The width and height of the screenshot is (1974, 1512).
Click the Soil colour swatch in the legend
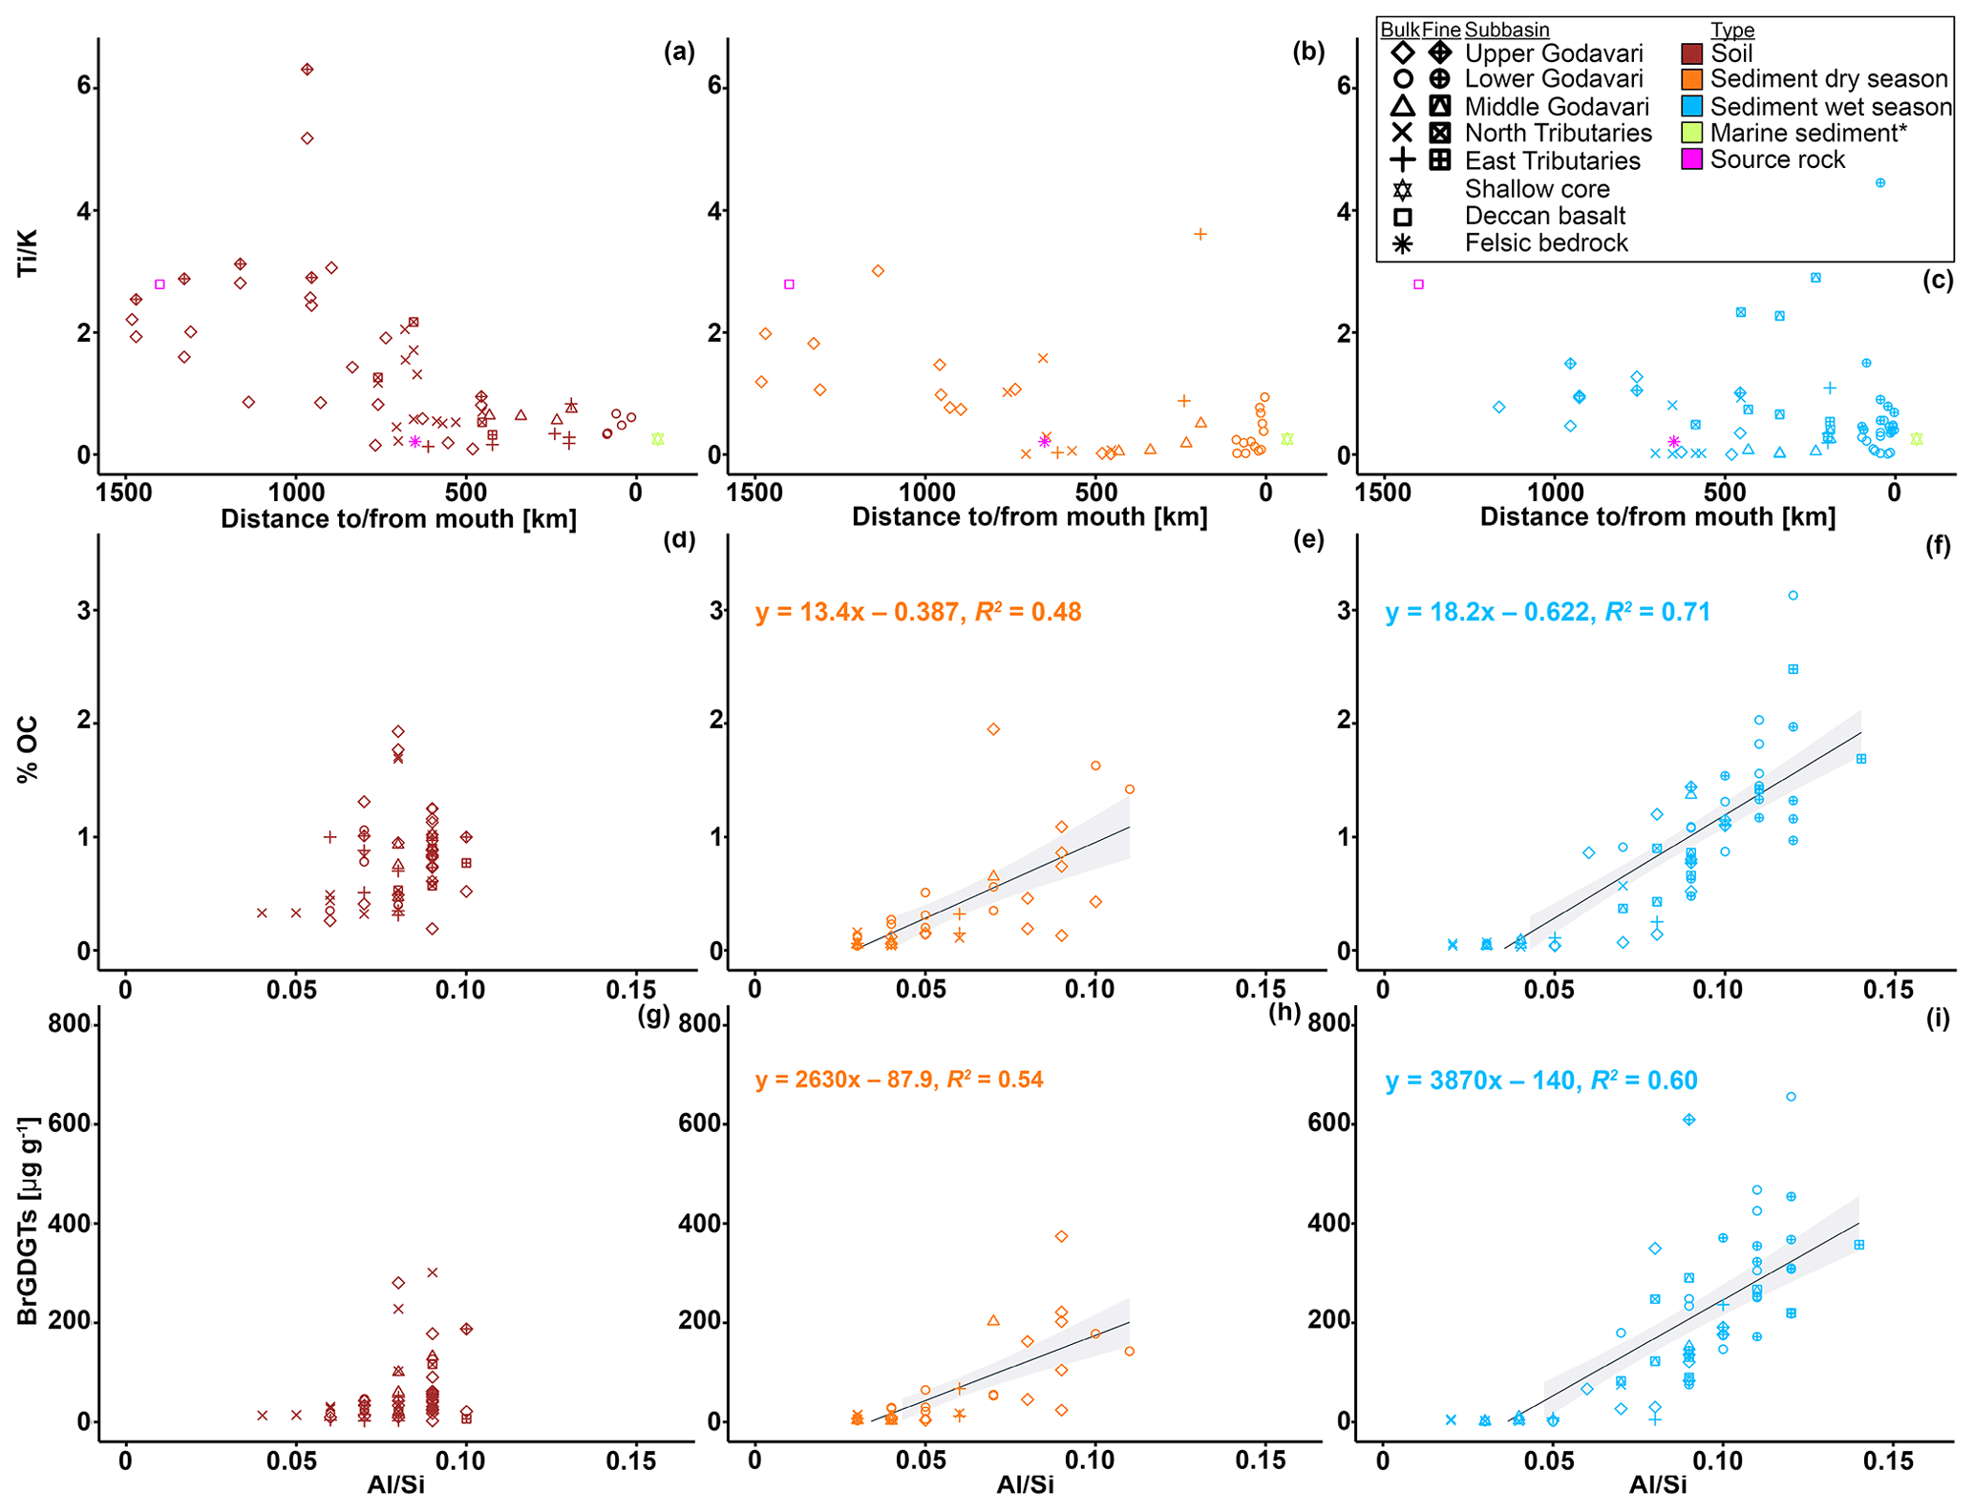pyautogui.click(x=1691, y=53)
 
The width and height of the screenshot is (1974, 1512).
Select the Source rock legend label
pyautogui.click(x=1777, y=160)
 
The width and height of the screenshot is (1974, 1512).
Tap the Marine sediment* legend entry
pyautogui.click(x=1808, y=134)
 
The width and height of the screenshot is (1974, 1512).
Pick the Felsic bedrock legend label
pyautogui.click(x=1546, y=243)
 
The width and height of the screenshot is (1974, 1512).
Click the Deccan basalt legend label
pyautogui.click(x=1545, y=217)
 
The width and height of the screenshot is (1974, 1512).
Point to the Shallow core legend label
pyautogui.click(x=1538, y=189)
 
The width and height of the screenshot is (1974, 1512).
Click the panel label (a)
pyautogui.click(x=679, y=52)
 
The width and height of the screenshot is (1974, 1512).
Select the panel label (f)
pyautogui.click(x=1938, y=541)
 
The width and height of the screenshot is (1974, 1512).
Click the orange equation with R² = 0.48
pyautogui.click(x=918, y=612)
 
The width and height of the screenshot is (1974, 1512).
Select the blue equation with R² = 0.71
pyautogui.click(x=1547, y=612)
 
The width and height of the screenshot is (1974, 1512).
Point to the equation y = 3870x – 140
pyautogui.click(x=1540, y=1081)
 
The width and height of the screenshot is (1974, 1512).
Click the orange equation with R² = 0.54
pyautogui.click(x=899, y=1081)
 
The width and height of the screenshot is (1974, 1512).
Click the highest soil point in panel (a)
pyautogui.click(x=307, y=70)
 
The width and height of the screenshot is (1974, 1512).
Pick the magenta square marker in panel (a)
pyautogui.click(x=159, y=284)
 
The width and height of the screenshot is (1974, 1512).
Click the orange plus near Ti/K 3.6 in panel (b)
pyautogui.click(x=1200, y=234)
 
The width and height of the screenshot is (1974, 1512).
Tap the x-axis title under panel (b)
pyautogui.click(x=1029, y=517)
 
